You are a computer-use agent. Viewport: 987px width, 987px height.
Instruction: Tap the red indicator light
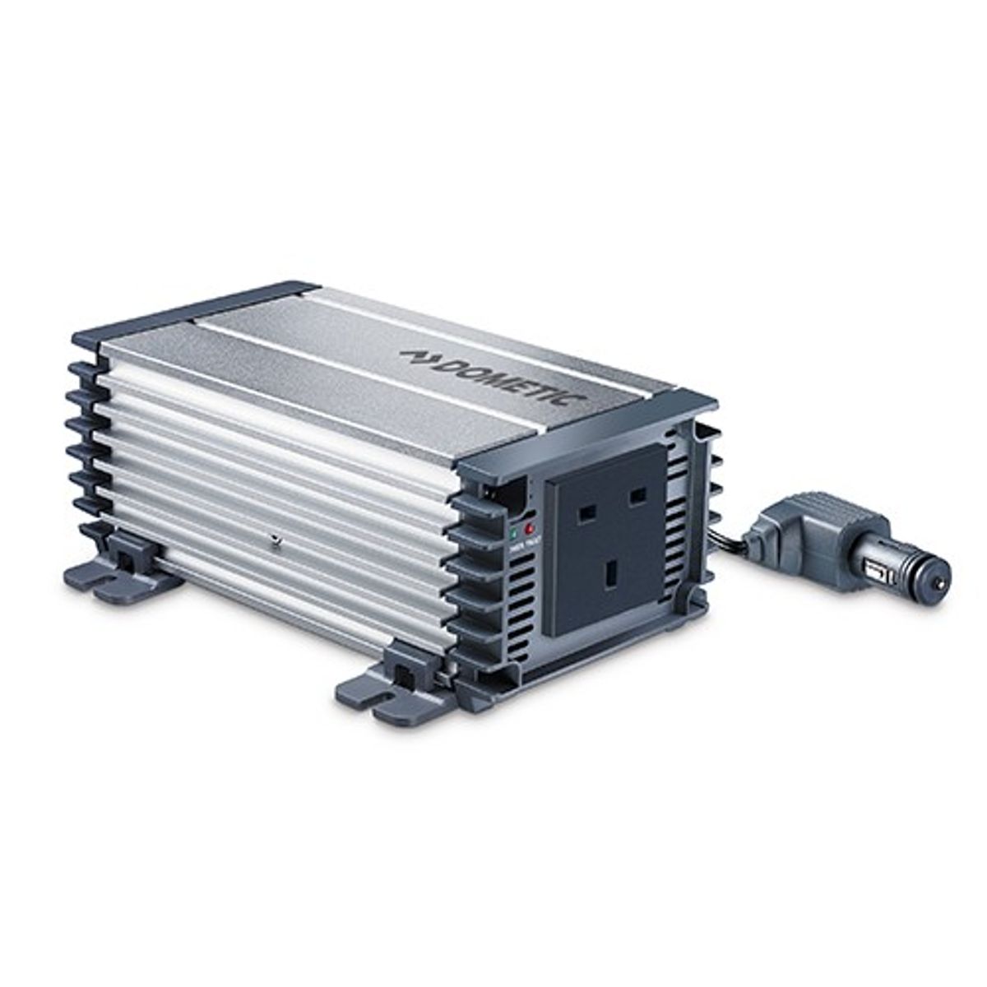pyautogui.click(x=529, y=526)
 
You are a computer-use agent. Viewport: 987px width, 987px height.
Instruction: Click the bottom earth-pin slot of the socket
pyautogui.click(x=611, y=575)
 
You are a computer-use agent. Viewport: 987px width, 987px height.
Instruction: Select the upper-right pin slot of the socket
pyautogui.click(x=636, y=498)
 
